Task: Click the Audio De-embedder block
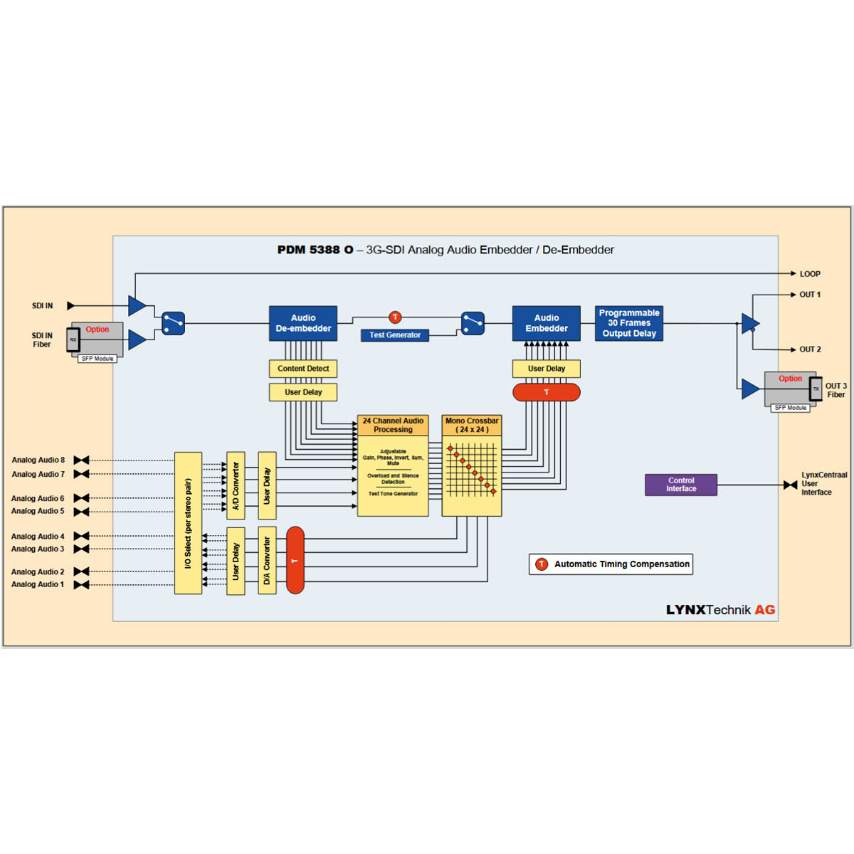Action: coord(303,323)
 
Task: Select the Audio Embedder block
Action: coord(546,323)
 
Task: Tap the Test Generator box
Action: coord(394,335)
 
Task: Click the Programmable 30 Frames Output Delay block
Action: coord(629,323)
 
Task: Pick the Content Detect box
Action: coord(303,369)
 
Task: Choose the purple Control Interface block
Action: coord(681,485)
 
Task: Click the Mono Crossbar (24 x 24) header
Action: coord(472,425)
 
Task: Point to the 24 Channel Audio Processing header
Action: coord(393,425)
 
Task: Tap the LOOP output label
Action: coord(810,274)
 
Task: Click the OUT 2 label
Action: coord(810,349)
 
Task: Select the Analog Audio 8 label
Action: coord(38,460)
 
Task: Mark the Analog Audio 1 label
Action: coord(38,584)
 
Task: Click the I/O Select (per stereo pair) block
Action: coord(188,523)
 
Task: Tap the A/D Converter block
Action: coord(236,486)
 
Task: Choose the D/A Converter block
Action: coord(267,561)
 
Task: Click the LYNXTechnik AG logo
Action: coord(720,610)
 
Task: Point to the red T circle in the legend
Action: coord(542,564)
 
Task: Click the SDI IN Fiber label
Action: coord(42,340)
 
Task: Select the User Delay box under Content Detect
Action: coord(303,392)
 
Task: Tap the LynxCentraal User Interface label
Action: coord(823,484)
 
